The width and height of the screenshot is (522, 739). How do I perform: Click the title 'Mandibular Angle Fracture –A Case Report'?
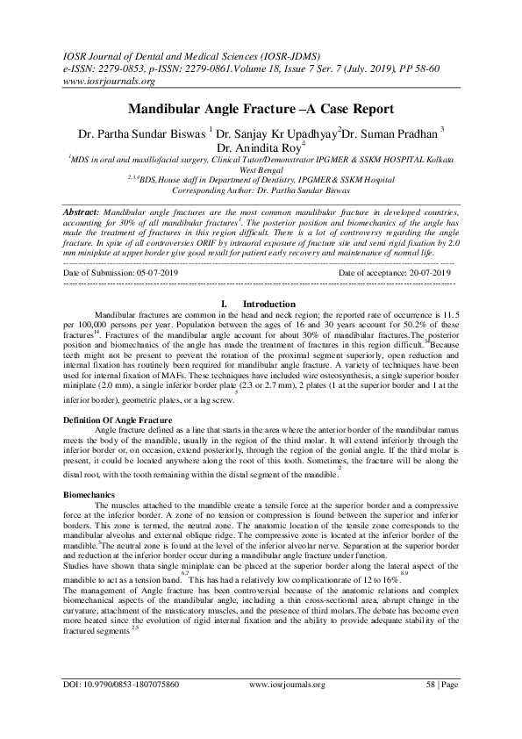pyautogui.click(x=261, y=111)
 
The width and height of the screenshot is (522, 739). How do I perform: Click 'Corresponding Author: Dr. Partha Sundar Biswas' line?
pyautogui.click(x=261, y=189)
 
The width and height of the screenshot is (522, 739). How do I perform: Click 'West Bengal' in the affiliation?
pyautogui.click(x=261, y=168)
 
